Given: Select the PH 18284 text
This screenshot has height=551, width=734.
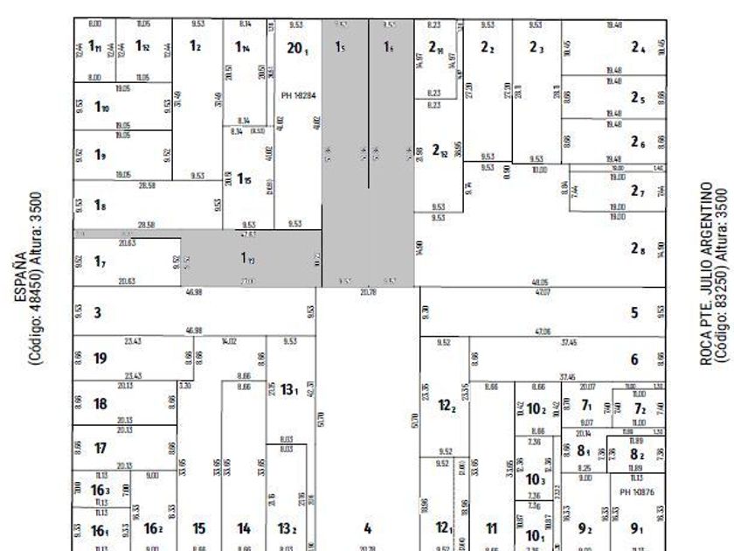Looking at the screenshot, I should point(296,93).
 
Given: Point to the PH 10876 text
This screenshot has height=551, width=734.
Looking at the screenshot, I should point(636,492).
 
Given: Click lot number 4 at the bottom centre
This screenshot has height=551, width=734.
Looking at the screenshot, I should point(368,528).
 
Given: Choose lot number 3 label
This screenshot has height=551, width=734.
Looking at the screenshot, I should point(98,312).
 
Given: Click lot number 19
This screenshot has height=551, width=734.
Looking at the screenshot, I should point(100,359).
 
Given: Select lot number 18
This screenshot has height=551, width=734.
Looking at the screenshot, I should point(100,403).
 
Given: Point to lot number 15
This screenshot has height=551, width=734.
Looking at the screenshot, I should point(199,528).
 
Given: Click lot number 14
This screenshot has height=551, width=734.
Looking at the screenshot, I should point(244,528).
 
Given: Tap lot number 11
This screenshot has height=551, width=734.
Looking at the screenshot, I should point(491,528).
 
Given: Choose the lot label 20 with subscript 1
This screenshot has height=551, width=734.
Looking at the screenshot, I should point(296,48).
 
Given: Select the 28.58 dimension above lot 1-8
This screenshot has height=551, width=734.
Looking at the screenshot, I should point(147,185).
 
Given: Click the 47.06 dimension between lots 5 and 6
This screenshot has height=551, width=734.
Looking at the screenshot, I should point(542,332).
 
